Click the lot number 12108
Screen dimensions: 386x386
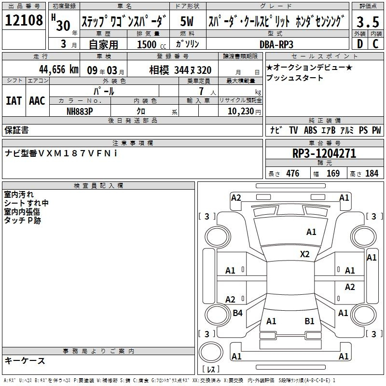point(24,20)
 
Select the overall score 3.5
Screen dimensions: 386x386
point(368,22)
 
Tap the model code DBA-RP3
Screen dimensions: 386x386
point(276,44)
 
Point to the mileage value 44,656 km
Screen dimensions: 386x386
point(59,69)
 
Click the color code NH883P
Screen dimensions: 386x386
point(80,111)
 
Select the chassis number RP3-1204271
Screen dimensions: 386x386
point(324,153)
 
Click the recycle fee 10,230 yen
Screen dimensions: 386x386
point(244,111)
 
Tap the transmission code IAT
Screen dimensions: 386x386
point(14,101)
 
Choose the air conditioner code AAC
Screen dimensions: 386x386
point(37,101)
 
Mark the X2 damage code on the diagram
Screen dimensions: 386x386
point(305,254)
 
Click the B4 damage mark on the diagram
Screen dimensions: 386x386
point(237,313)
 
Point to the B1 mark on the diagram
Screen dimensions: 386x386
point(309,321)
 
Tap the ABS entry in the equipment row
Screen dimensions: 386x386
point(310,130)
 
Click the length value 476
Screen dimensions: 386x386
point(293,174)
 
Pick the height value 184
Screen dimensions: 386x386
point(372,174)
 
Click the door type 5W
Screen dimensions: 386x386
point(187,21)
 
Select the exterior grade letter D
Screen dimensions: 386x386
point(360,44)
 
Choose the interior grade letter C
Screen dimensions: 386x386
point(375,44)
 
